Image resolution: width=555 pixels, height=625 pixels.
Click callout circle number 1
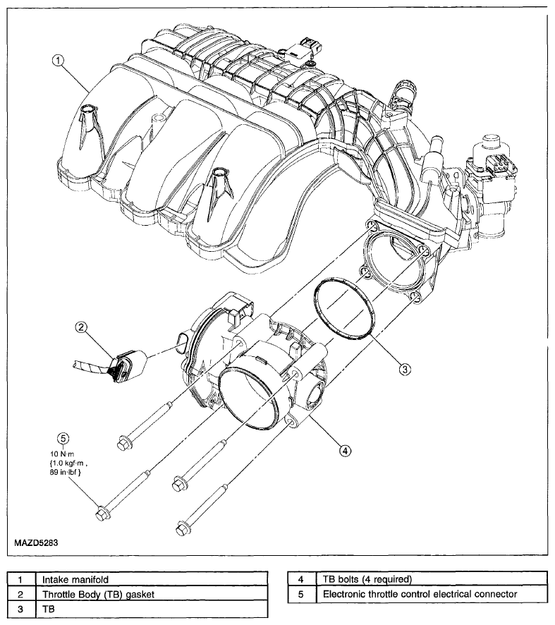click(58, 60)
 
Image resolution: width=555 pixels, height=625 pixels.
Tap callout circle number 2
click(81, 327)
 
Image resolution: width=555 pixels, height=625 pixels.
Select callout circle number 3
click(404, 369)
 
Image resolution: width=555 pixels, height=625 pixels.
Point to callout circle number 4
click(345, 451)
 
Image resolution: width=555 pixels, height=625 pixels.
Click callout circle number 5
click(63, 438)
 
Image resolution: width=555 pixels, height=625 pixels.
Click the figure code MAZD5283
click(36, 542)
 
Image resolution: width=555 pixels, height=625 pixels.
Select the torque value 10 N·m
click(62, 454)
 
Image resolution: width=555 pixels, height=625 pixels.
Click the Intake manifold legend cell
click(152, 579)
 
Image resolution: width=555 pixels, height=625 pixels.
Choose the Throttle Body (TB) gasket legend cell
click(152, 594)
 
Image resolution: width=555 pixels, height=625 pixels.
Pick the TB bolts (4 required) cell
click(432, 579)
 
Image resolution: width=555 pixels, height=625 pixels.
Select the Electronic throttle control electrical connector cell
click(432, 594)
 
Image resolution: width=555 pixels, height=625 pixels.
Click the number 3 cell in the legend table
click(21, 609)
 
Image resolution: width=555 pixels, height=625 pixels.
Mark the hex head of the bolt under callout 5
click(102, 513)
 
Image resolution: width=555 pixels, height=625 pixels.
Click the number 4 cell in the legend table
click(301, 579)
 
